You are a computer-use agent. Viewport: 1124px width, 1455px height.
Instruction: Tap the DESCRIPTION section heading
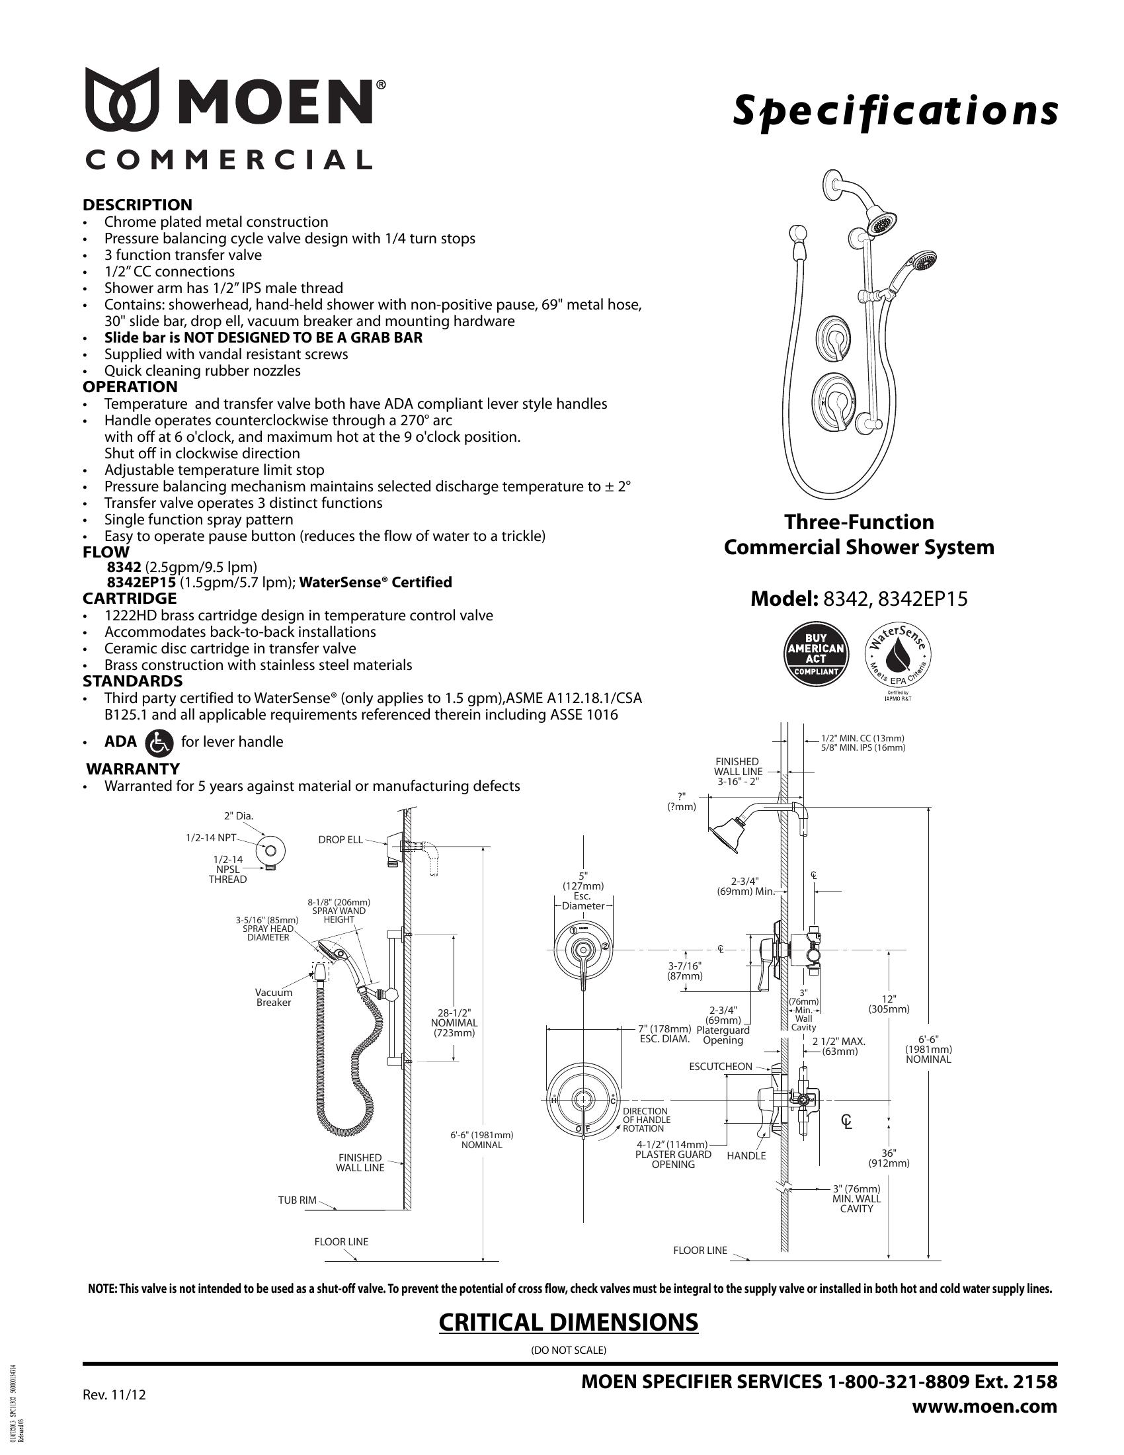137,204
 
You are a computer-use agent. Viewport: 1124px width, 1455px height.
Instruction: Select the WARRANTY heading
133,768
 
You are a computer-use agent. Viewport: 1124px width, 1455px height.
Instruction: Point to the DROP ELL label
341,839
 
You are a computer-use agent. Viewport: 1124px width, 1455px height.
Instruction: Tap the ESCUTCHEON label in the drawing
721,1067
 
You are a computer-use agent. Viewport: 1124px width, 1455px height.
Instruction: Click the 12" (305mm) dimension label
889,1003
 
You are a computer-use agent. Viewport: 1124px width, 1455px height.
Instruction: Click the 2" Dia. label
239,815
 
